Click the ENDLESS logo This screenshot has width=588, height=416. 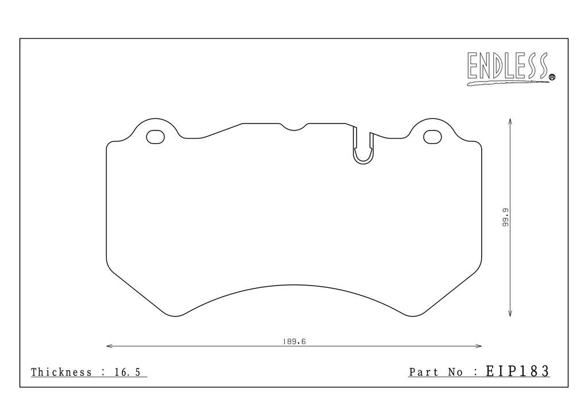click(510, 68)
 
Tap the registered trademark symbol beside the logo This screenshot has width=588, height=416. click(552, 77)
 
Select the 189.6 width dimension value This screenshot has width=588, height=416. click(294, 342)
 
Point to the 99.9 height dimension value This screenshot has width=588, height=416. click(505, 218)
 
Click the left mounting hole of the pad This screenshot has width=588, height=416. click(155, 137)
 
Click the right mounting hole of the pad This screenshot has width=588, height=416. click(432, 137)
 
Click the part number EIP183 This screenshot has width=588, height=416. click(517, 371)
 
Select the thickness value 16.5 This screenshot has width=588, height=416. click(127, 372)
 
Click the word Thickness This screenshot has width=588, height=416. click(61, 372)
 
